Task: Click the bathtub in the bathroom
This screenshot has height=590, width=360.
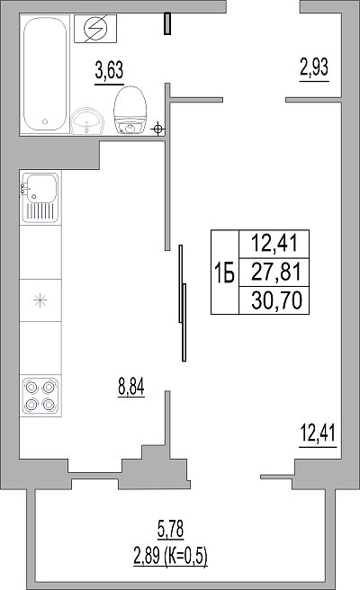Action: (45, 75)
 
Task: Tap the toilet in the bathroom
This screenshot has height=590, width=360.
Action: (130, 110)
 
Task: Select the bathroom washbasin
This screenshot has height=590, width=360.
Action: (87, 121)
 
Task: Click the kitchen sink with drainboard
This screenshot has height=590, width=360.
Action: (40, 198)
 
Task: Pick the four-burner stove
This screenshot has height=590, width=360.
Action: (40, 396)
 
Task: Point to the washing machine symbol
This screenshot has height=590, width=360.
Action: (95, 29)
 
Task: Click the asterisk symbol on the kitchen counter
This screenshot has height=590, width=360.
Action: (40, 300)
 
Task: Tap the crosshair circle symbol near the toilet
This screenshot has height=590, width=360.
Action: (158, 130)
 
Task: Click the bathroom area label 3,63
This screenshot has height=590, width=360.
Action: (109, 71)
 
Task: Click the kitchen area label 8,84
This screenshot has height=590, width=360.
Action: (131, 387)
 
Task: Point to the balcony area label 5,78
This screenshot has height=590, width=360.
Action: (170, 529)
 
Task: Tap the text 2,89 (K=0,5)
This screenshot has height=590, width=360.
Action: (171, 556)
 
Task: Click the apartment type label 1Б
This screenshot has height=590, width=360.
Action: (224, 273)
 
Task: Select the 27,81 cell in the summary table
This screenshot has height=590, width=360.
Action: (276, 272)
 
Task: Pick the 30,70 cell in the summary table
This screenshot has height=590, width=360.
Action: (277, 300)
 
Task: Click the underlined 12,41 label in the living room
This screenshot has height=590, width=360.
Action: (318, 433)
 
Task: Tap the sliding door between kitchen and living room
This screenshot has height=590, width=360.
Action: (183, 303)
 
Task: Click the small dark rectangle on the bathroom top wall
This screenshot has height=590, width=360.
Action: (167, 23)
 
